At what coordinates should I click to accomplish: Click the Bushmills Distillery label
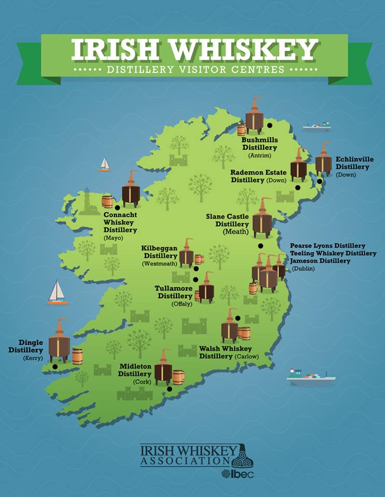click(260, 143)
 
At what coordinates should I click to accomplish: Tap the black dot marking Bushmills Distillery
click(270, 125)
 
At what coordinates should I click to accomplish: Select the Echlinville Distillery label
click(352, 163)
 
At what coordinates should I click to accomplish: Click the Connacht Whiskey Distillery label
click(120, 222)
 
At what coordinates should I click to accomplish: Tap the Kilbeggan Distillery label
click(160, 252)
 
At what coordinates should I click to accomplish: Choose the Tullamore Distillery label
click(174, 292)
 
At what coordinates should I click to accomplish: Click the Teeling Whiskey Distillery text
click(333, 253)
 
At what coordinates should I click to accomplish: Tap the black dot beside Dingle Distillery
click(55, 367)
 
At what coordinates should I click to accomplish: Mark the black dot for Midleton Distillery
click(169, 389)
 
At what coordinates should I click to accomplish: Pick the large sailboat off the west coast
click(58, 293)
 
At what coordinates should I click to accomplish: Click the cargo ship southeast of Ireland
click(311, 378)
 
